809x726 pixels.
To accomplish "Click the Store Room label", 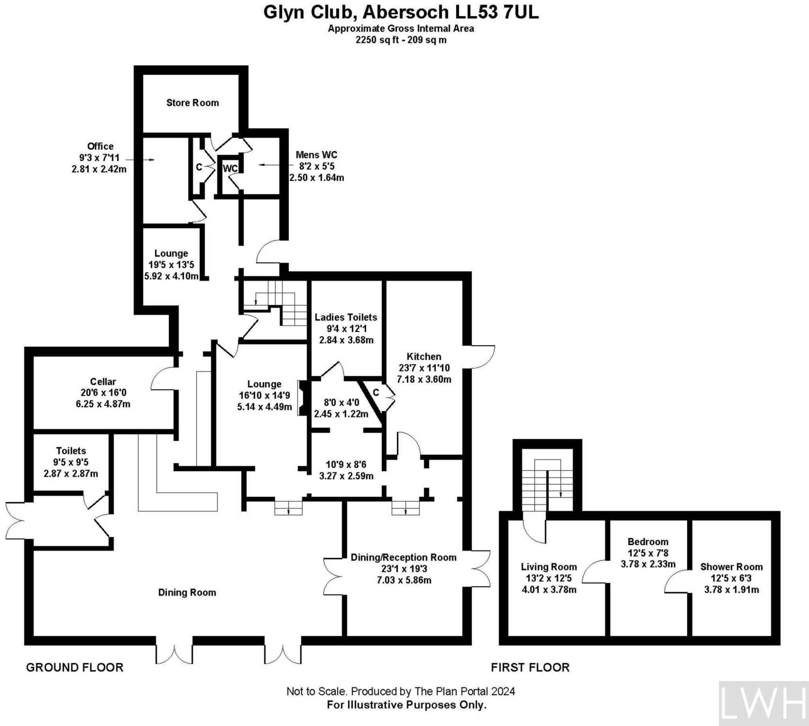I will (x=192, y=103).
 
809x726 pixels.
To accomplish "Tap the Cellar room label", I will (x=103, y=382).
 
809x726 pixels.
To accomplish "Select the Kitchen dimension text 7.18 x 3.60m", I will (x=424, y=379).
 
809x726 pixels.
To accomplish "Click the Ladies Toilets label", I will (x=346, y=317).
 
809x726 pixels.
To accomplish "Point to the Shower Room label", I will (x=731, y=567).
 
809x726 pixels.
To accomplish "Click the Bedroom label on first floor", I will (x=648, y=542).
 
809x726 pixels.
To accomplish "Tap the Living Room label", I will (x=549, y=567).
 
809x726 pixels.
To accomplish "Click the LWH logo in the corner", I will (x=763, y=704).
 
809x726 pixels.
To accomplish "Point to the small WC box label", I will (x=230, y=169).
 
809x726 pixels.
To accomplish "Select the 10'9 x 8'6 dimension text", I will (x=346, y=465).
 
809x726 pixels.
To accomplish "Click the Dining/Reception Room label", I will (x=403, y=557).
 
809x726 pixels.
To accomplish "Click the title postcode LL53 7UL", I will (x=497, y=13).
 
